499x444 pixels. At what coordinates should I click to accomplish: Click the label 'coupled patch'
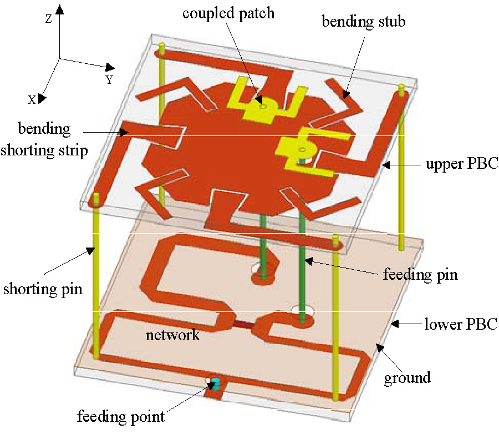[228, 13]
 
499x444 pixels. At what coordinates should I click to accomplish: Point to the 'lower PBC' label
[461, 324]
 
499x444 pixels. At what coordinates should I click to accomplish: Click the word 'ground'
[408, 378]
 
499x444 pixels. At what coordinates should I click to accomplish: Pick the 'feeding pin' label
[420, 274]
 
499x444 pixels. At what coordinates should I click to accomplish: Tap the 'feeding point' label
[121, 416]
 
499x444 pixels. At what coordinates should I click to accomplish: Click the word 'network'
[172, 335]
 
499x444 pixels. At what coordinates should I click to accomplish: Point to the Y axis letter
[109, 80]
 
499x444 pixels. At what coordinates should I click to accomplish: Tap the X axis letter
[32, 99]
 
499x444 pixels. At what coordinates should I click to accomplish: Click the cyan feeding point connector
[216, 383]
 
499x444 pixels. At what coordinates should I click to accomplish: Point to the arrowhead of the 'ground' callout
[377, 347]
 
